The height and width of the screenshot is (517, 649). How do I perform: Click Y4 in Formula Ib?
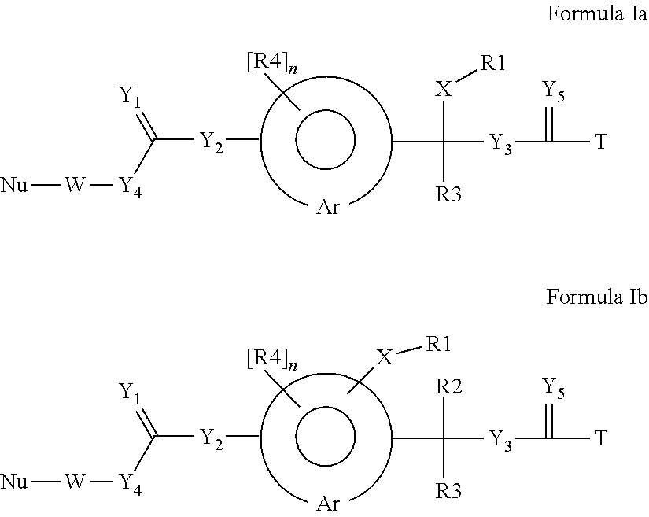click(131, 481)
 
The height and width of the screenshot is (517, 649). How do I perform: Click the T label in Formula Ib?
click(601, 438)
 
